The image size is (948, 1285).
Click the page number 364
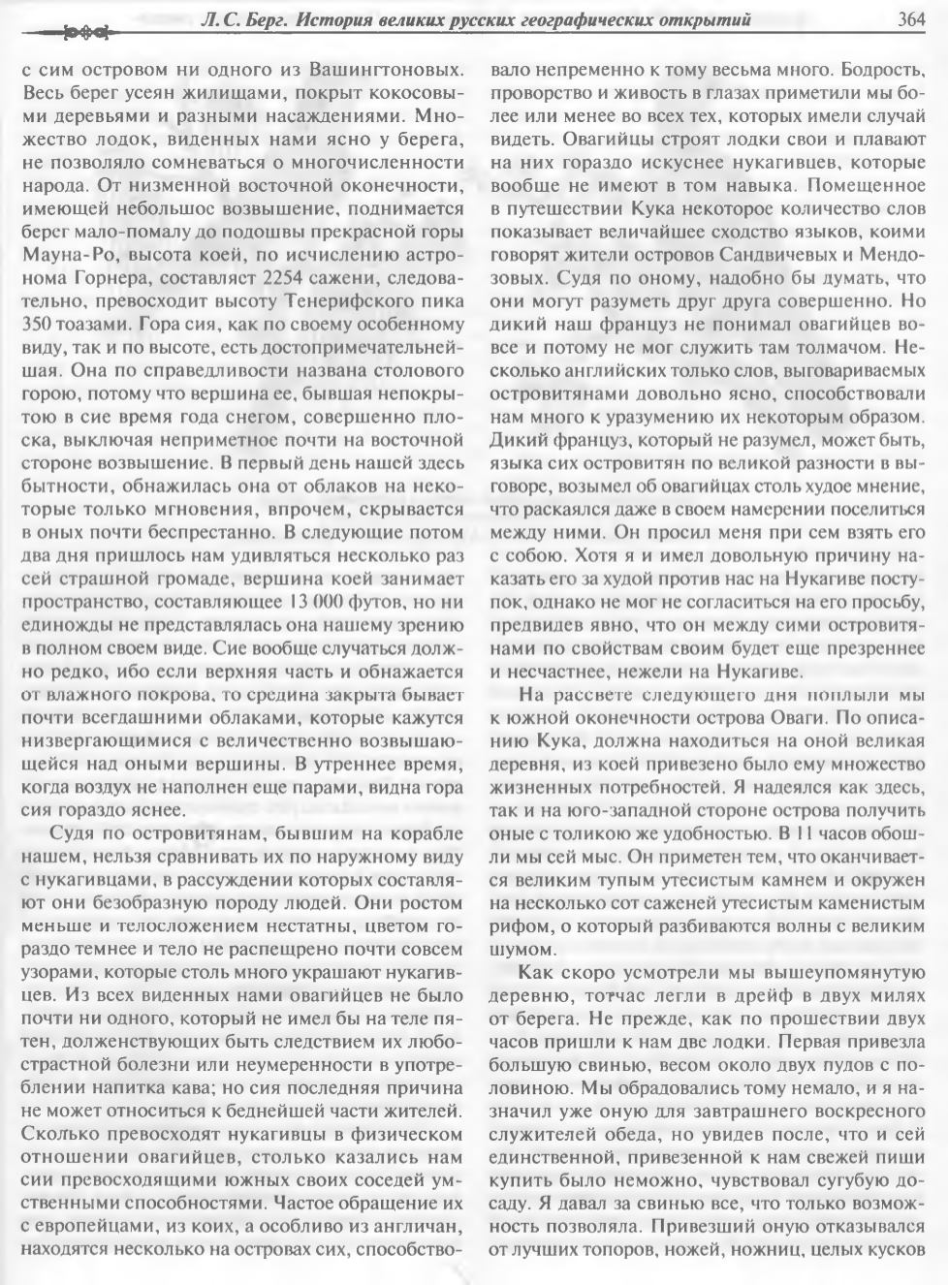(912, 18)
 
